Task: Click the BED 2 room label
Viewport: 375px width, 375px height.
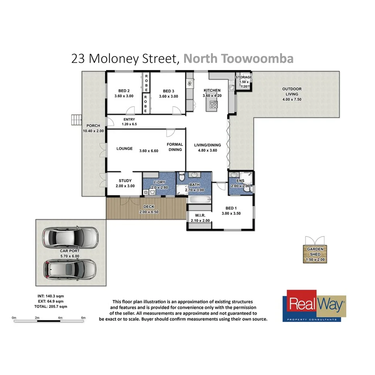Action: (x=124, y=91)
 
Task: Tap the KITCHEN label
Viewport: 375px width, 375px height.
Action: (x=212, y=90)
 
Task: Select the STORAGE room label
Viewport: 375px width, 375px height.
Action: (x=244, y=77)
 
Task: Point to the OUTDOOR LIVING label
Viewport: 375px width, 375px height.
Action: (x=292, y=89)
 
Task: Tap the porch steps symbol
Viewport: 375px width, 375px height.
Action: (x=76, y=120)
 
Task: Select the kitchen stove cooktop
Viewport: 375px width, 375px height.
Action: (x=213, y=105)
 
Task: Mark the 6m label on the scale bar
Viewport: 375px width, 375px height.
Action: (x=83, y=318)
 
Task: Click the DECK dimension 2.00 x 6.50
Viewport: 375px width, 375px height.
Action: (x=149, y=211)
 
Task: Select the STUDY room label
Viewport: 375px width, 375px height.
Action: (x=125, y=181)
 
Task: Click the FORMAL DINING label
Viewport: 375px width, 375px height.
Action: (x=175, y=147)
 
